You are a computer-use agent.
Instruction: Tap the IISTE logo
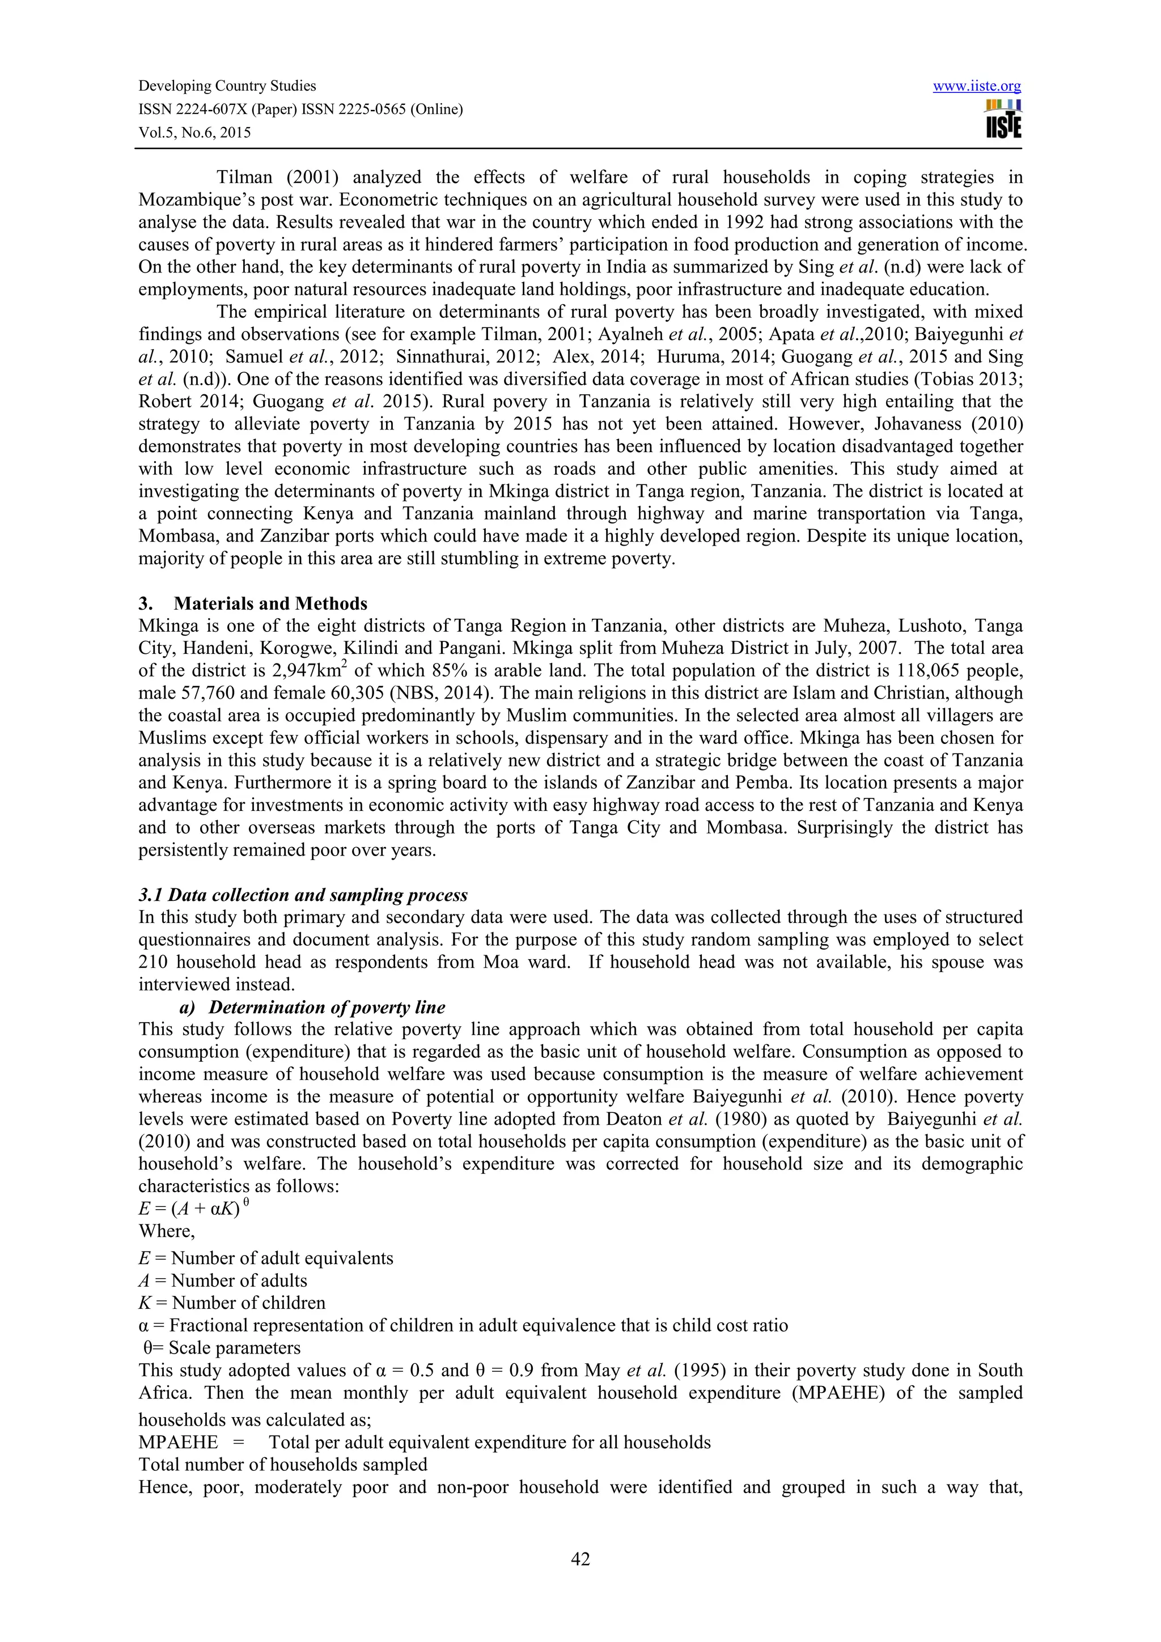1003,120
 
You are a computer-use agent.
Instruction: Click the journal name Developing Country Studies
227,86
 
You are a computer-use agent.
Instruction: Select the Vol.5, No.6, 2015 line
194,133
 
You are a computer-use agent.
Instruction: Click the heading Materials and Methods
270,603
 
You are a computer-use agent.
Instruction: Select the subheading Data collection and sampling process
303,895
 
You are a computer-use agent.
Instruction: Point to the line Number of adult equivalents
282,1258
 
